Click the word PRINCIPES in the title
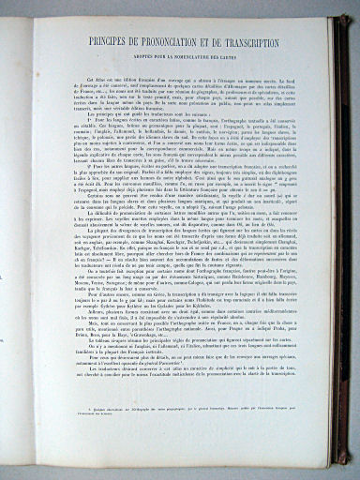point(106,43)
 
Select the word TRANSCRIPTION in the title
point(248,43)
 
